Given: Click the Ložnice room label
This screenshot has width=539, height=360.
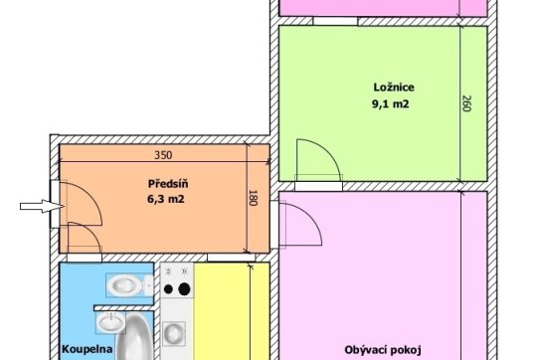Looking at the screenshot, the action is click(x=394, y=88).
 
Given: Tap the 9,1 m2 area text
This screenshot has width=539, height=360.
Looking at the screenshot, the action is click(x=391, y=103).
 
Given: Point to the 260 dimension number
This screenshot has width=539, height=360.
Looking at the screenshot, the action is click(x=465, y=103).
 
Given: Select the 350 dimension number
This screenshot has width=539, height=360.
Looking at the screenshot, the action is click(x=163, y=155).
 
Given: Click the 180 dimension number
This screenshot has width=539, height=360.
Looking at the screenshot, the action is click(x=253, y=198).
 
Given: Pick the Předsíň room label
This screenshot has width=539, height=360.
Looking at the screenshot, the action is click(x=168, y=184).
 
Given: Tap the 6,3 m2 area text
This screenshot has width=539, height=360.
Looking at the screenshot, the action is click(x=166, y=199).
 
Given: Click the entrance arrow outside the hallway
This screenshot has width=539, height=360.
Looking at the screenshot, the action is click(x=42, y=206).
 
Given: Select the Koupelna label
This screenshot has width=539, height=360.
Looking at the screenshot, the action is click(x=87, y=349).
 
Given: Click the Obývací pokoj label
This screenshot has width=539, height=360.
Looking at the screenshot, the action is click(x=383, y=350).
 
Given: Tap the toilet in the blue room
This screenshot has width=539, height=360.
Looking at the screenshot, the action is click(x=129, y=285).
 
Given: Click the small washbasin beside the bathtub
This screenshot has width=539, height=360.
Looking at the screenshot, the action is click(x=110, y=322).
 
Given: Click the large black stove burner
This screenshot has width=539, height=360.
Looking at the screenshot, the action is click(x=184, y=289).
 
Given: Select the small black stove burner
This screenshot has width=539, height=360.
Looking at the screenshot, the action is click(x=168, y=289).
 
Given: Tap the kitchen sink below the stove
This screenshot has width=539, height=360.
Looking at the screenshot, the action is click(x=174, y=333).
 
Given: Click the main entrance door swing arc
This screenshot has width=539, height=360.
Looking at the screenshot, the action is click(x=91, y=196).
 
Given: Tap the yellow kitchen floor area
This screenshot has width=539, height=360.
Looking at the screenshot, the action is click(x=231, y=311).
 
